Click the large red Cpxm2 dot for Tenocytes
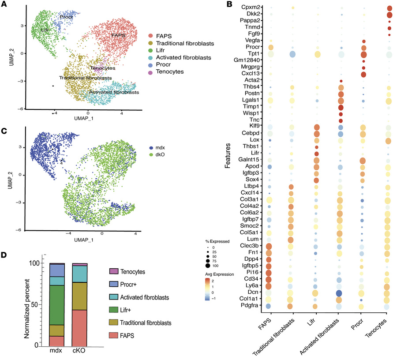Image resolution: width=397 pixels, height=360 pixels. [389, 8]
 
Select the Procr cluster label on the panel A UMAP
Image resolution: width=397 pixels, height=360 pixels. [66, 17]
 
